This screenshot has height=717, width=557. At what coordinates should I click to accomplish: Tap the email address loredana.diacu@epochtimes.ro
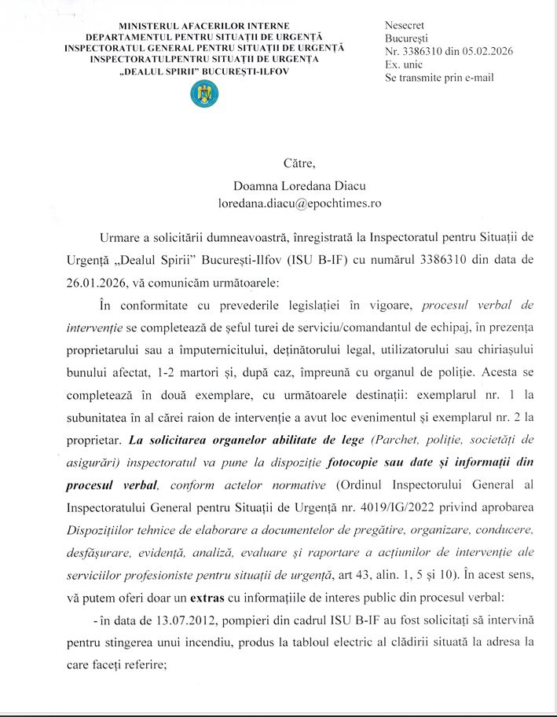[x=299, y=203]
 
